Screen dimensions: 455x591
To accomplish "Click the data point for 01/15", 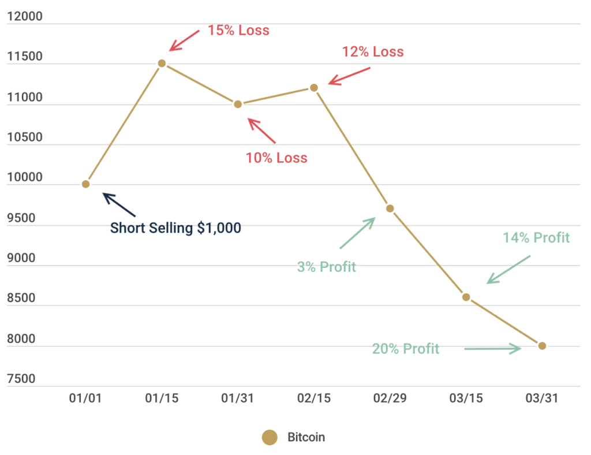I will (162, 64).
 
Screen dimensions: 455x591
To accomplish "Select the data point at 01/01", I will (85, 184).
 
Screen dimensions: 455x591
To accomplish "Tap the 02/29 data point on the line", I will (390, 208).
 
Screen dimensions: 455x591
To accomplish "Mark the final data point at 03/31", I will (542, 346).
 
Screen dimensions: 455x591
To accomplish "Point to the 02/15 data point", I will (314, 88).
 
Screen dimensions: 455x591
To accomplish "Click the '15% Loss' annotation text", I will (238, 30).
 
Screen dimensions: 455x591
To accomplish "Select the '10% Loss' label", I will (276, 158).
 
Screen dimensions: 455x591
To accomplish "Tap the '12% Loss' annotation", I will (373, 51).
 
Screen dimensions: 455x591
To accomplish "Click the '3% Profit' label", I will (327, 267).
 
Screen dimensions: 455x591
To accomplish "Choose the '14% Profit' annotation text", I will (536, 237).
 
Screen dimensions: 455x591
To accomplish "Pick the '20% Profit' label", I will (405, 349).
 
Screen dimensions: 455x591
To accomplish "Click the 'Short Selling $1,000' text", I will (175, 228).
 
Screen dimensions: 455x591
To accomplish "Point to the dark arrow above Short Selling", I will (119, 204).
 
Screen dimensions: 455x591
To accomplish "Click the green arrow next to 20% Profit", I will (492, 348).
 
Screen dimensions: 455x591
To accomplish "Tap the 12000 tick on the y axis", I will (24, 16).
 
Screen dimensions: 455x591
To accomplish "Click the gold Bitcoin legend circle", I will (269, 438).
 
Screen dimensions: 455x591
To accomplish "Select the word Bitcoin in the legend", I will (306, 438).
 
